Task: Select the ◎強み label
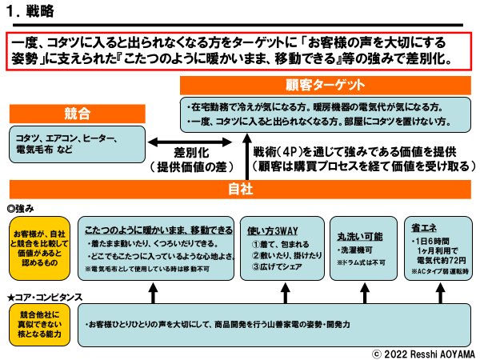22,206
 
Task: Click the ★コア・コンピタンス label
44,298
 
